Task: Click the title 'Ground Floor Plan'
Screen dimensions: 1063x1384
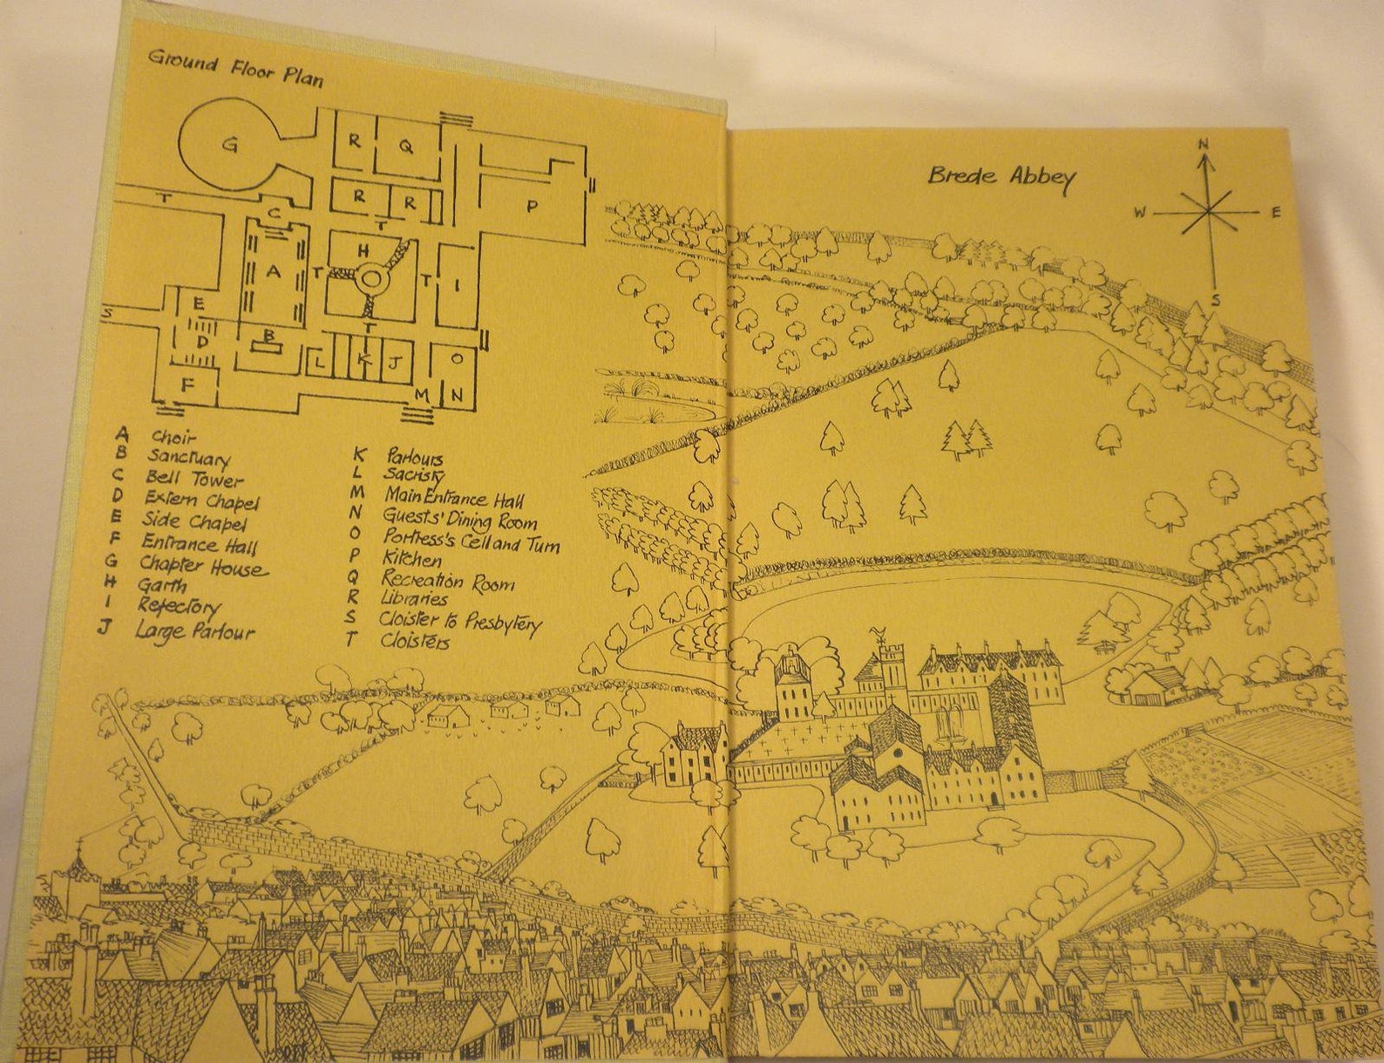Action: pos(235,68)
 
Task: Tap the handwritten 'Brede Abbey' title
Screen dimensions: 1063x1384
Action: pos(1001,176)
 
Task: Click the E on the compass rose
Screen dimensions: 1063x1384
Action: pos(1274,212)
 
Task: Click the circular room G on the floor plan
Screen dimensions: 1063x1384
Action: pos(229,145)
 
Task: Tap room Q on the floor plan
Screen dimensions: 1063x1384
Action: pos(405,147)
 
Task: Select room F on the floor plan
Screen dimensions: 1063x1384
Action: pos(187,384)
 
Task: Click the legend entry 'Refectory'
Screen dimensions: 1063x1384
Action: pos(179,606)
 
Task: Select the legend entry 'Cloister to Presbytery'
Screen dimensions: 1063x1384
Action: pos(460,623)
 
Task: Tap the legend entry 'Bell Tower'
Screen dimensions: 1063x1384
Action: pos(194,478)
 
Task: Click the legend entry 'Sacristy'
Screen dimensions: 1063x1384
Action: pos(413,476)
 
